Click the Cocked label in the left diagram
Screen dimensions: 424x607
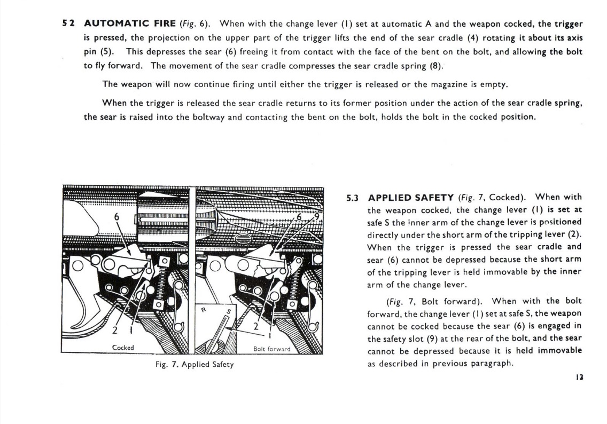tap(123, 348)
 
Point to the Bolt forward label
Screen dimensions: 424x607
tap(272, 349)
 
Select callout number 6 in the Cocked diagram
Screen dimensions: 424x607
tap(116, 217)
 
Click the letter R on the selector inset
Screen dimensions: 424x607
tap(204, 309)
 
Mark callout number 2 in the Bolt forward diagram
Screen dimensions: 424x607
tap(255, 326)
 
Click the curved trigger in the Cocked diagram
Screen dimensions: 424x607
tap(81, 315)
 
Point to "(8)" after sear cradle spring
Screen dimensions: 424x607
tap(436, 66)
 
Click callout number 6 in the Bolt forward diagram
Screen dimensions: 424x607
tap(300, 217)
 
